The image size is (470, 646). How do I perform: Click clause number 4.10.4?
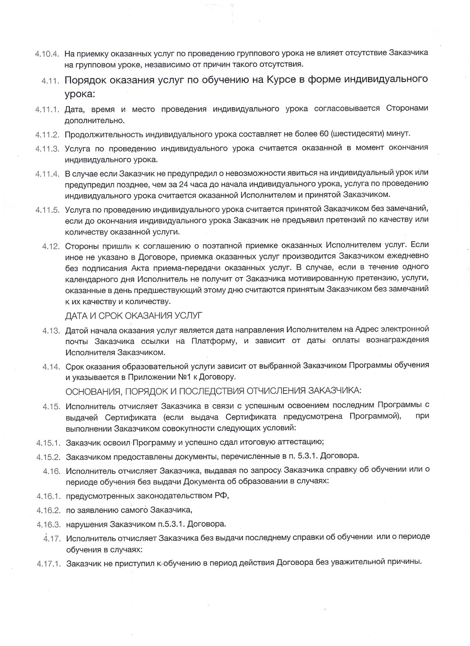(47, 53)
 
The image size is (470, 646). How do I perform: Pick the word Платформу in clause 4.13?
(214, 341)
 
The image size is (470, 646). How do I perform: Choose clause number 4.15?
(51, 406)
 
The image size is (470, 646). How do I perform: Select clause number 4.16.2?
(49, 511)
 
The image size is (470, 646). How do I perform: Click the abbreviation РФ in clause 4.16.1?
(221, 496)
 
